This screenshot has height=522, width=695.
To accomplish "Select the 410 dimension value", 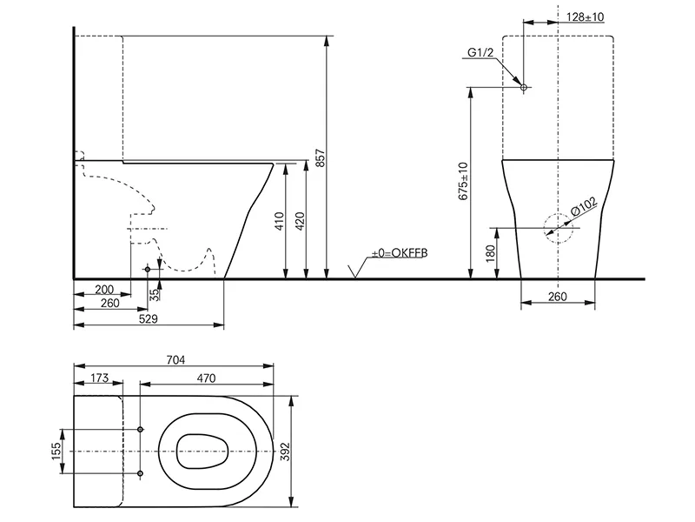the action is [x=279, y=222].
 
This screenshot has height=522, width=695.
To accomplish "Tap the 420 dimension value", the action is [x=300, y=222].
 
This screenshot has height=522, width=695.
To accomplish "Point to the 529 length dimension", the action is [x=148, y=318].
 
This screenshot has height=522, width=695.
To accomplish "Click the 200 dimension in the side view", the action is [x=104, y=290].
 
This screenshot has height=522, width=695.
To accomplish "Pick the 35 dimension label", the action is [x=154, y=295].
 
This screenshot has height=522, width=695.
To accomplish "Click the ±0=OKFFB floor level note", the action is [x=400, y=253].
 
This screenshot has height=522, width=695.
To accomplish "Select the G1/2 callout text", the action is [x=480, y=52].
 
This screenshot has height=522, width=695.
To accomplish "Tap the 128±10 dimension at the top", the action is [x=585, y=17].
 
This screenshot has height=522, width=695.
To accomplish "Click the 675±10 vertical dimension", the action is [x=463, y=181].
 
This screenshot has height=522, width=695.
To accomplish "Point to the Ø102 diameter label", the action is [x=584, y=206].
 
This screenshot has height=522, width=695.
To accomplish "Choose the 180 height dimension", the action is [x=490, y=253].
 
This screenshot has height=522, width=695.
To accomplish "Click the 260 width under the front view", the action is [x=557, y=296].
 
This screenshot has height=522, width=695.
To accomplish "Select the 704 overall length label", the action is [x=175, y=359].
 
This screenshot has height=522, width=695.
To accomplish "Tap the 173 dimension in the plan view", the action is [x=99, y=378].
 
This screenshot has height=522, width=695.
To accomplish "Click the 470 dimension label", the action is [x=206, y=378].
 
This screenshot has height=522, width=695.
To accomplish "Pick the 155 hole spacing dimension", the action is [x=56, y=451].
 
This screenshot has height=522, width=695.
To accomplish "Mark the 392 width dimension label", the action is [x=285, y=452].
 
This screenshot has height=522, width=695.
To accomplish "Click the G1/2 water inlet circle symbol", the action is [x=524, y=88].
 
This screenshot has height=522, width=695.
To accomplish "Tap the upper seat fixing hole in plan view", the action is [x=140, y=429].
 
